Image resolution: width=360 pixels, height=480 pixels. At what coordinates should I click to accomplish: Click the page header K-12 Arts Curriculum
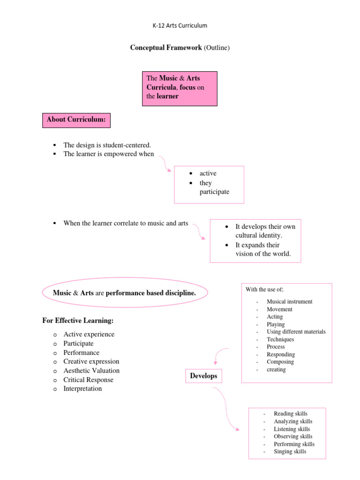[x=180, y=25]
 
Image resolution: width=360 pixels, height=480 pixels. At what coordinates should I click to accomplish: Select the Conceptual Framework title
[x=180, y=48]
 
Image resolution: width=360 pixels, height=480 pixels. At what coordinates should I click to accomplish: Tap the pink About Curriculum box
[x=76, y=120]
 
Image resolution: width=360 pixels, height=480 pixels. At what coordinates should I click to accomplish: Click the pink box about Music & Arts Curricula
[x=180, y=88]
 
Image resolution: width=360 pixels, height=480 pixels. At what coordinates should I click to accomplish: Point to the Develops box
[x=203, y=376]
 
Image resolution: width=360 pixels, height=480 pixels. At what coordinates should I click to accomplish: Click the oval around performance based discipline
[x=125, y=293]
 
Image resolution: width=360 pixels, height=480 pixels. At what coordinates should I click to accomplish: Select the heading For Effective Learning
[x=78, y=321]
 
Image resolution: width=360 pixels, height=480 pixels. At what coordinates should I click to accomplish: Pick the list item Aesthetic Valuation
[x=91, y=371]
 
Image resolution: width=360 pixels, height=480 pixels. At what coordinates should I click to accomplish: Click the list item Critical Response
[x=89, y=380]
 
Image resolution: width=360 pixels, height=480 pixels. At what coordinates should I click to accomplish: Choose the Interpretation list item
[x=82, y=389]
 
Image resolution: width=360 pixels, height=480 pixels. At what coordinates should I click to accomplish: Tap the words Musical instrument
[x=289, y=302]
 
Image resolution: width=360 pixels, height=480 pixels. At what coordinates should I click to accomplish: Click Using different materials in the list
[x=296, y=332]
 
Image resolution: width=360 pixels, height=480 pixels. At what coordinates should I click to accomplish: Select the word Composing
[x=280, y=362]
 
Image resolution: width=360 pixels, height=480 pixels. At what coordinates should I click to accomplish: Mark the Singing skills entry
[x=290, y=451]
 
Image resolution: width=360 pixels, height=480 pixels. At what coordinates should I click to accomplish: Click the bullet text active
[x=208, y=173]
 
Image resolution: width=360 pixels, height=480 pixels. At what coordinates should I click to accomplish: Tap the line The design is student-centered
[x=107, y=145]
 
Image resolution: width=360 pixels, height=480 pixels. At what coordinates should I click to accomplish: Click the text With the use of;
[x=264, y=289]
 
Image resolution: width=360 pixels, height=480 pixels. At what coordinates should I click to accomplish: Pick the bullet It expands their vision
[x=262, y=249]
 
